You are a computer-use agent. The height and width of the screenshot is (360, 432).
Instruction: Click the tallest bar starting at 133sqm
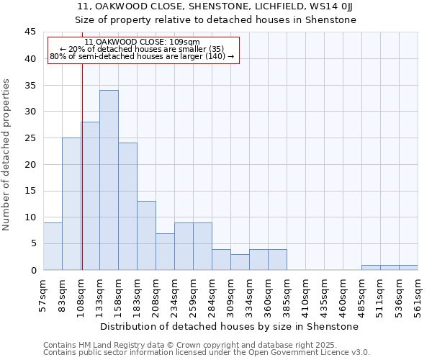[x=109, y=180]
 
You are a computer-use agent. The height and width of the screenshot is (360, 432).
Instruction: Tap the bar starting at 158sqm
[x=127, y=207]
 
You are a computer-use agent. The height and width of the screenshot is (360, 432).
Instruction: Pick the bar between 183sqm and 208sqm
[x=146, y=235]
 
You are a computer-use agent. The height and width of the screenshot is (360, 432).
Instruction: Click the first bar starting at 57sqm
[x=53, y=246]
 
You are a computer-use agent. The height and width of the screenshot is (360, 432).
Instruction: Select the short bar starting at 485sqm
[x=371, y=268]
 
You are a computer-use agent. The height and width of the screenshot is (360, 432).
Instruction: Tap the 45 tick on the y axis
[x=30, y=32]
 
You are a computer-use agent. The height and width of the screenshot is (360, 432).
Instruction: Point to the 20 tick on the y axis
[x=30, y=164]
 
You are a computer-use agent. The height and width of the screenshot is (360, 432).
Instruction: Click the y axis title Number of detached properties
[x=7, y=154]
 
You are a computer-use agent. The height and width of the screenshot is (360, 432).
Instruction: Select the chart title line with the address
[x=215, y=6]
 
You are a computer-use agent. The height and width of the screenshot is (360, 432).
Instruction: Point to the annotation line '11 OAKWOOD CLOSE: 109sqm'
[x=142, y=42]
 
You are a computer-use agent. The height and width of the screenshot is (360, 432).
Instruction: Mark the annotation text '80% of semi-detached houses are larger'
[x=142, y=56]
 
